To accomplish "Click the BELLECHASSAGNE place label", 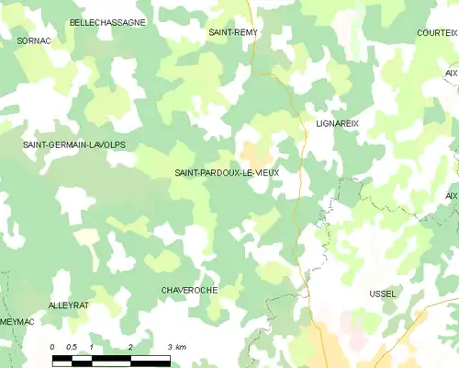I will pyautogui.click(x=107, y=21).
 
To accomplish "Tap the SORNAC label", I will pyautogui.click(x=33, y=40).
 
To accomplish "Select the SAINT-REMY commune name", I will pyautogui.click(x=233, y=32).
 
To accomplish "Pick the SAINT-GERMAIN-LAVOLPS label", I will pyautogui.click(x=74, y=145).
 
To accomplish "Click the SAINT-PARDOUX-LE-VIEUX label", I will pyautogui.click(x=227, y=172).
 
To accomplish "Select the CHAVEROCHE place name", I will pyautogui.click(x=189, y=290).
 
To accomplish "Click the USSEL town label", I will pyautogui.click(x=382, y=293).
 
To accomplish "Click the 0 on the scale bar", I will pyautogui.click(x=52, y=346).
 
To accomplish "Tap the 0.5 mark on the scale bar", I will pyautogui.click(x=71, y=346).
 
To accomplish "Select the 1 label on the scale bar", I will pyautogui.click(x=92, y=346).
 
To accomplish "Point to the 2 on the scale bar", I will pyautogui.click(x=131, y=346).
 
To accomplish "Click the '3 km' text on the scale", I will pyautogui.click(x=177, y=346).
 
